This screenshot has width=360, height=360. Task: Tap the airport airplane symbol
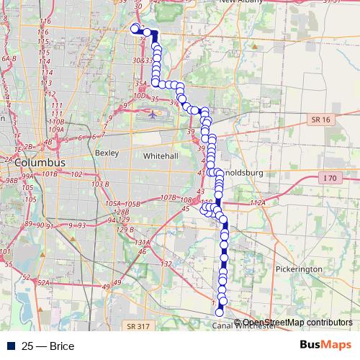[x=153, y=113]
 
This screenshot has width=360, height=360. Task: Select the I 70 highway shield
[x=330, y=177]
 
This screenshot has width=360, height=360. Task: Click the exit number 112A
[x=258, y=204]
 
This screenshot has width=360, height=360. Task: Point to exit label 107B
[x=168, y=197]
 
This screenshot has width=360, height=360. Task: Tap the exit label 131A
[x=142, y=243]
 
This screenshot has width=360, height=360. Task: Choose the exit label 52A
[x=42, y=283]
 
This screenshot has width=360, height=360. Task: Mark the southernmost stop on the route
[x=220, y=311]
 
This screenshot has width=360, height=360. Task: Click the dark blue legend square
[x=8, y=346]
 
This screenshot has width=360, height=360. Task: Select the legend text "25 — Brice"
[x=48, y=346]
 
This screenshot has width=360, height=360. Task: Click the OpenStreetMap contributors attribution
[x=297, y=322]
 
